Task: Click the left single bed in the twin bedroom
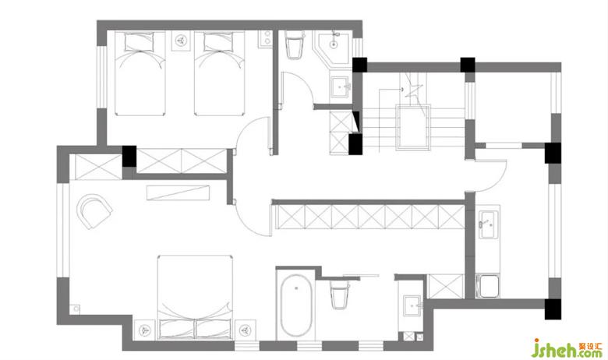pos(140,73)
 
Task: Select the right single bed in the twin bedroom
pos(220,73)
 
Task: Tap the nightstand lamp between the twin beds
pos(180,41)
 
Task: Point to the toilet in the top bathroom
pos(295,46)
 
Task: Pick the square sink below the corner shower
pos(341,87)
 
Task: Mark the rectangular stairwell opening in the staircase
pos(413,127)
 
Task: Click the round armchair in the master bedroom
pos(94,211)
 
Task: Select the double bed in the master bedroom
pos(195,297)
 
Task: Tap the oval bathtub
pos(296,305)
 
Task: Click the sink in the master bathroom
pos(412,305)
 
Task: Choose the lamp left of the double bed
pos(145,330)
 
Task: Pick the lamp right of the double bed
pos(245,330)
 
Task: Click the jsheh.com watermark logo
pos(567,348)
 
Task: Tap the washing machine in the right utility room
pos(488,286)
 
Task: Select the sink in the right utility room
pos(488,224)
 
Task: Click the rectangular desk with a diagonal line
pos(178,192)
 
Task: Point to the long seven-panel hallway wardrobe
pos(369,217)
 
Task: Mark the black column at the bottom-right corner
pos(553,309)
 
